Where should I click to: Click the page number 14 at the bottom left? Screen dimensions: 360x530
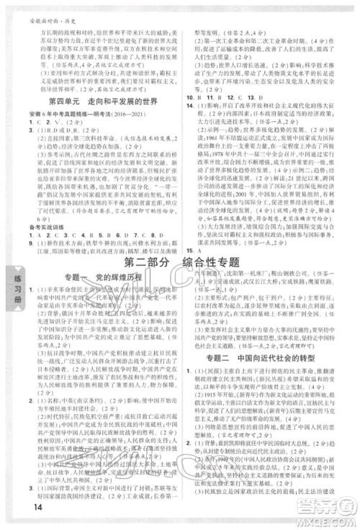[x=16, y=513]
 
